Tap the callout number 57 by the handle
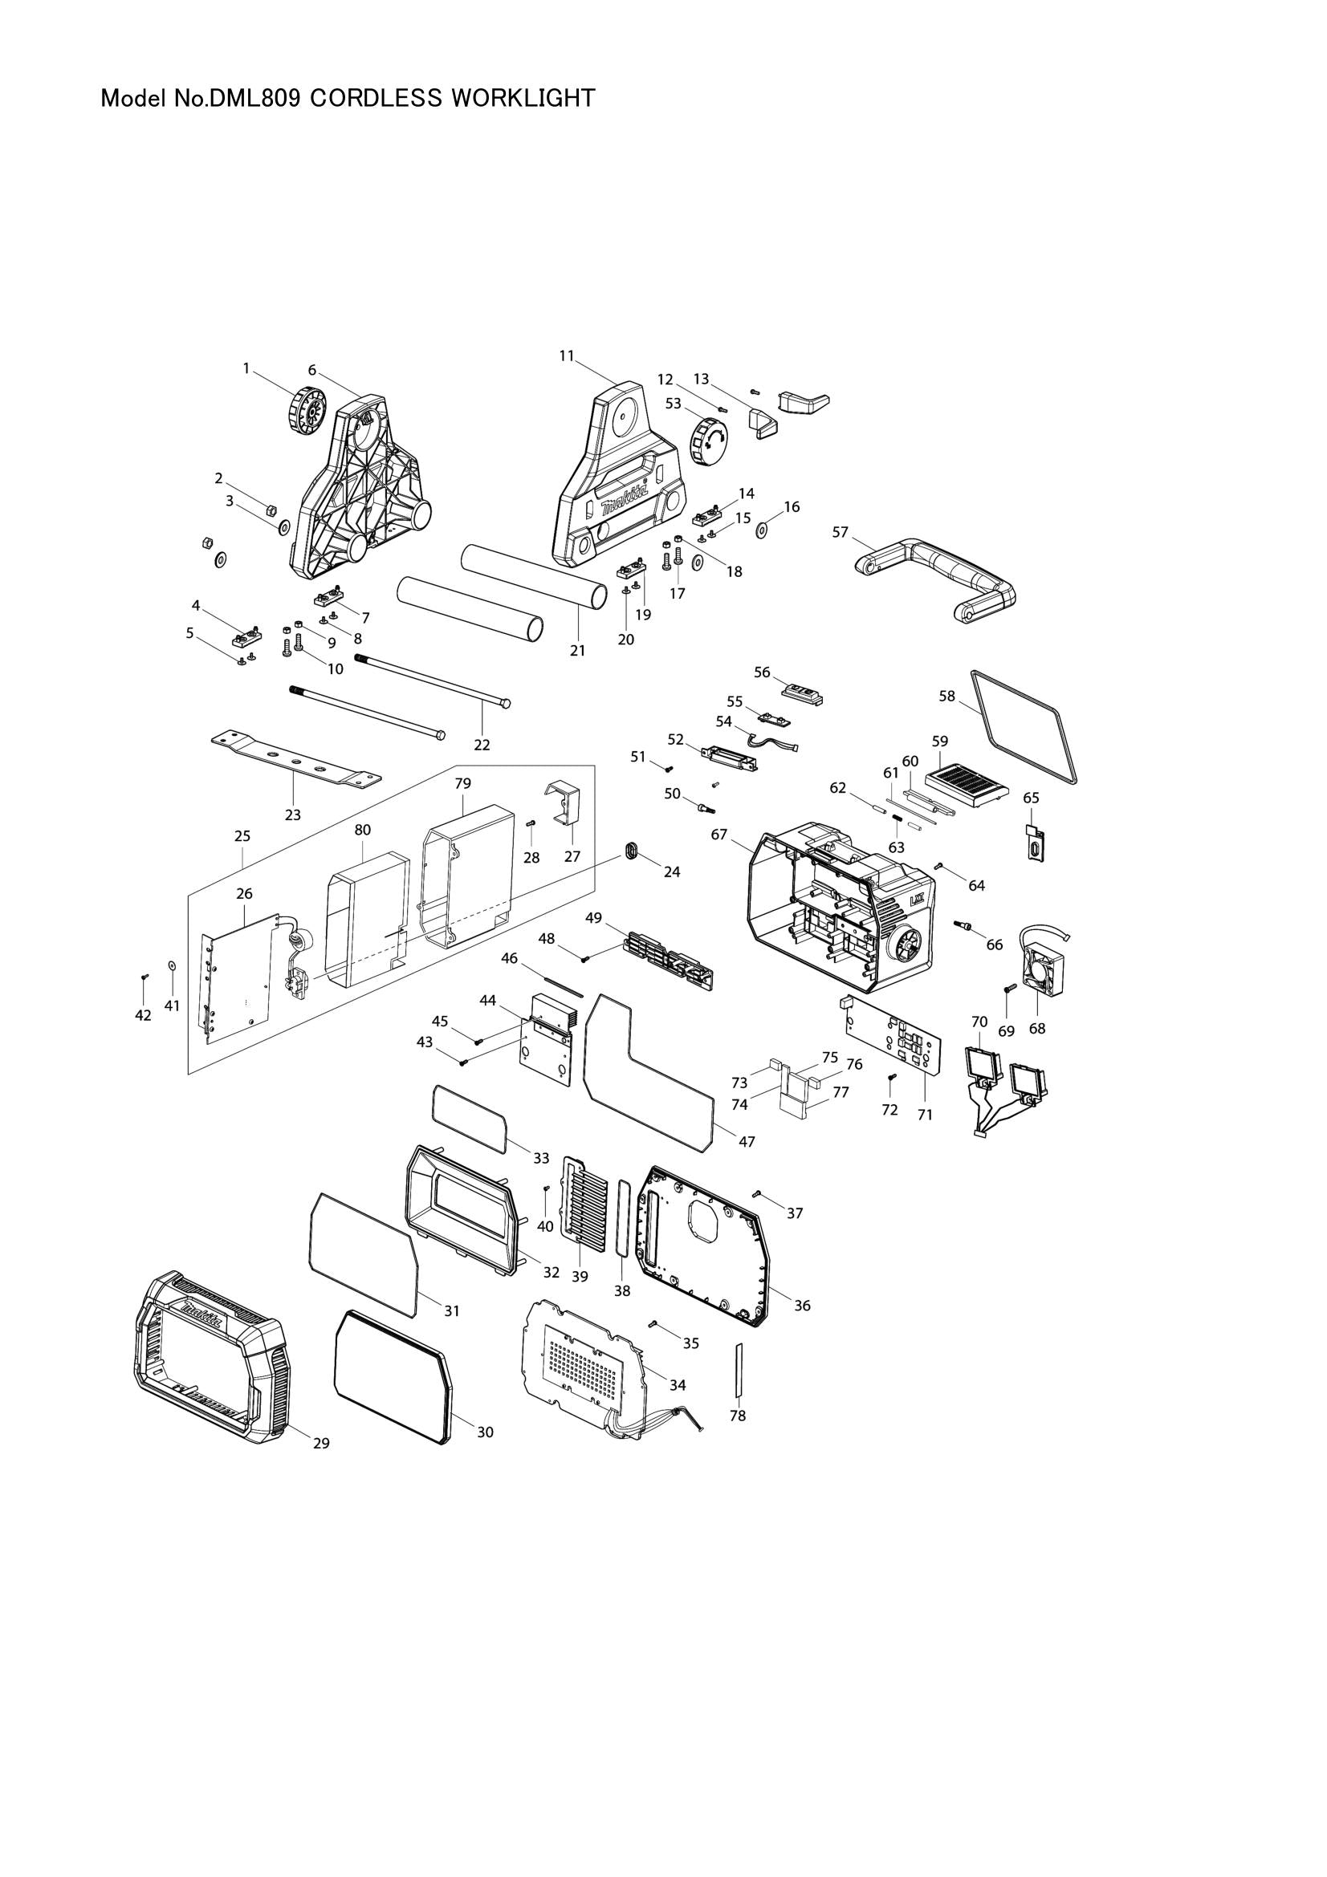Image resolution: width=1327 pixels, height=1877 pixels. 841,532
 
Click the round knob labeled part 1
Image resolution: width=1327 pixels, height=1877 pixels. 307,408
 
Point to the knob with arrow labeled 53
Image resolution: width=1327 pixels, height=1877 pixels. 707,441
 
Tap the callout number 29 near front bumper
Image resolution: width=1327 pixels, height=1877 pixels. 321,1444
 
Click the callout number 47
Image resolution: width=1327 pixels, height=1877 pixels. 747,1142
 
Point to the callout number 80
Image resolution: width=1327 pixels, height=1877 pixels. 362,830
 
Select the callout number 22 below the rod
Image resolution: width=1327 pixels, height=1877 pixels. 482,745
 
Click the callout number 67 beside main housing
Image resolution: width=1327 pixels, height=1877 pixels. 718,835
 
